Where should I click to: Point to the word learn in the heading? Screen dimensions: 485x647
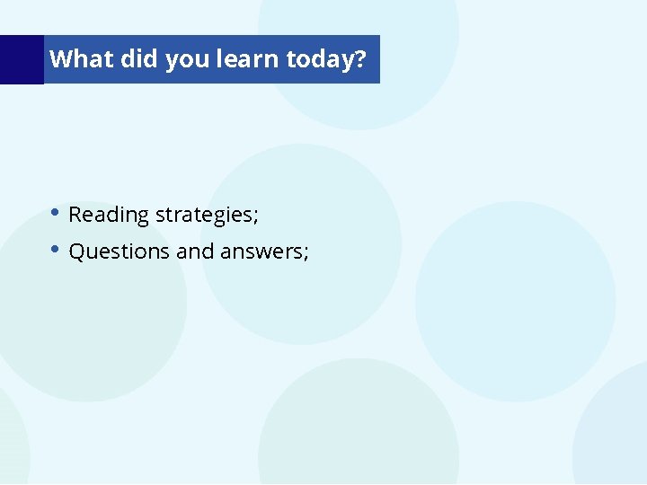(248, 59)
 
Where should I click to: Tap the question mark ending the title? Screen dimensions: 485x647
(360, 60)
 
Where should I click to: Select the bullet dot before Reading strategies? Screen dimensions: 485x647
(56, 213)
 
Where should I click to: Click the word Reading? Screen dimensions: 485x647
(109, 216)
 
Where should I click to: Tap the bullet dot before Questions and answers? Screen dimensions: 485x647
(56, 249)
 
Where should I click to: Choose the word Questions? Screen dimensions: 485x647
(120, 251)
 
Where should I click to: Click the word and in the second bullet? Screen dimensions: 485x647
(195, 251)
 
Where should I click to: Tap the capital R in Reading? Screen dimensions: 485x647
(75, 215)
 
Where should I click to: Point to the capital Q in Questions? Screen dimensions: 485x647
(76, 251)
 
